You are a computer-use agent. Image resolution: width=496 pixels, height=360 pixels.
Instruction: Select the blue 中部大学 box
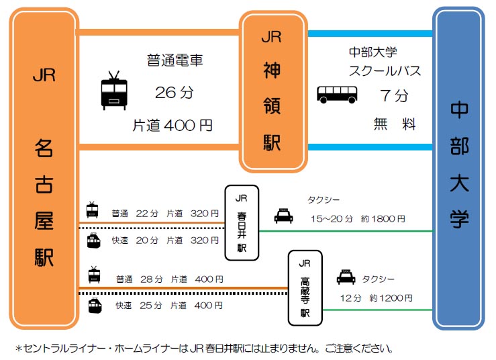point(459,168)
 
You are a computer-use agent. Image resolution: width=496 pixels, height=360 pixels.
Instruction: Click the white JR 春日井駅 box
point(242,223)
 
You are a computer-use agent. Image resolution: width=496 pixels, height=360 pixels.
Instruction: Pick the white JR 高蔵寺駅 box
point(305,287)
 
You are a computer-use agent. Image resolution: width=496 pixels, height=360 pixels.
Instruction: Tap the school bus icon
point(336,94)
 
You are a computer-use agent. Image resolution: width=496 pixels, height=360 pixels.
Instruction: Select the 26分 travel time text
point(174,93)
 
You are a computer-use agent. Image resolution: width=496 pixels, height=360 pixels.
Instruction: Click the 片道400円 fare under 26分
point(172,124)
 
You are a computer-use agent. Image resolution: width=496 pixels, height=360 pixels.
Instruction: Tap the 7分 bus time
point(394,96)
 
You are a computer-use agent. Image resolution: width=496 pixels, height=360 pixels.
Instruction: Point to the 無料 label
point(395,124)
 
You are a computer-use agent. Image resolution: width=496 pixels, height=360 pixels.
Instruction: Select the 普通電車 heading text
point(175,61)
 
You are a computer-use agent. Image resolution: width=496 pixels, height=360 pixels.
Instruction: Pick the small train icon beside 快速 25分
point(94,306)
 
